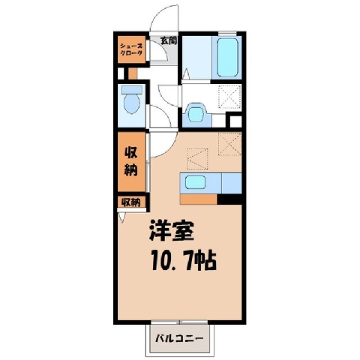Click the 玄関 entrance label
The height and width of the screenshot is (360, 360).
[169, 40]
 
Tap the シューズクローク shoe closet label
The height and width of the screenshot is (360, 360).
[131, 49]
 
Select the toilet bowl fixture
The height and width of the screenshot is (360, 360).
[132, 104]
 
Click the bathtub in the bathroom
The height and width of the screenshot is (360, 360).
[227, 57]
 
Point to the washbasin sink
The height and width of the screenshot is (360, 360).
[196, 114]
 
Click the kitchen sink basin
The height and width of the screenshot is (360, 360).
[195, 182]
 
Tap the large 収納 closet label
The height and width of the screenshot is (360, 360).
[131, 161]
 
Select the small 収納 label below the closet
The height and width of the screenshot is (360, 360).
[131, 202]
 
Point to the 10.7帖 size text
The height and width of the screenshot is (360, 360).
[184, 262]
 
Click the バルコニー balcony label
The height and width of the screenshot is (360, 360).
[179, 339]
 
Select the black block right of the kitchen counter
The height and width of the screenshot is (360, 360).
[229, 199]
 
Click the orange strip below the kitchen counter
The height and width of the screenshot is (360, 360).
[199, 199]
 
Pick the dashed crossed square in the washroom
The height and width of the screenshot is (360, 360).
[230, 97]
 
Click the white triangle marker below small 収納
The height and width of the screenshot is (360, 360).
[122, 217]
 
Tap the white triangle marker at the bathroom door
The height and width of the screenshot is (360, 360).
[187, 74]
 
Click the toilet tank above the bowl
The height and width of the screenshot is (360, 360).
[132, 90]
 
